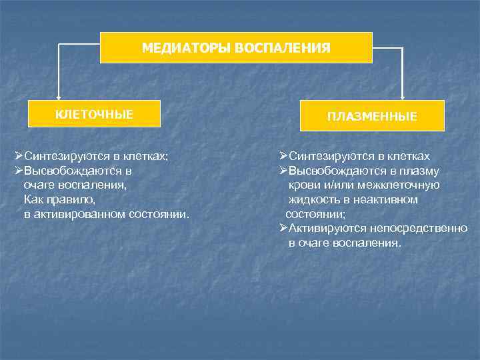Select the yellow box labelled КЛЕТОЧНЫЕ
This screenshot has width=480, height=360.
(94, 113)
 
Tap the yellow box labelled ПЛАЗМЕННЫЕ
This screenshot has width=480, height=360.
(372, 116)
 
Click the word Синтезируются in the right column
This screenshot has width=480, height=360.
(325, 156)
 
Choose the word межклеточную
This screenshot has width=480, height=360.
(399, 185)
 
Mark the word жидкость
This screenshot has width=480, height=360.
(311, 199)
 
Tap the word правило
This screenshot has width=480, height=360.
(75, 200)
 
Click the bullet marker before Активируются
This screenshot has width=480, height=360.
(283, 229)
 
